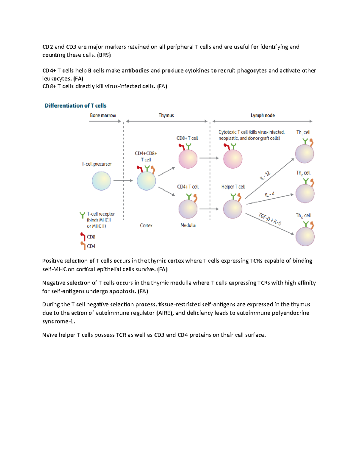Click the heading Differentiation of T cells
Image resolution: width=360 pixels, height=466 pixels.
[75, 106]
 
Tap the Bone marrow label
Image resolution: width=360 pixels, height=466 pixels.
[103, 115]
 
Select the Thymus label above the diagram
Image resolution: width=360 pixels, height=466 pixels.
[166, 115]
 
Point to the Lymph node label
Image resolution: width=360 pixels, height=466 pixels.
[262, 115]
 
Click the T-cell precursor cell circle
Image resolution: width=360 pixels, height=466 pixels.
[101, 181]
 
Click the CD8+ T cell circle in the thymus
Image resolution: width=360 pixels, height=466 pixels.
[188, 159]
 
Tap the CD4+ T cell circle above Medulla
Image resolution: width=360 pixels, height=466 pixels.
[188, 209]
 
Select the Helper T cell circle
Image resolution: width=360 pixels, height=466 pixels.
[232, 209]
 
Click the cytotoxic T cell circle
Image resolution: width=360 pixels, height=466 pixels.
[233, 159]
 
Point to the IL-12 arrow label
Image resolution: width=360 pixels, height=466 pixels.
[265, 176]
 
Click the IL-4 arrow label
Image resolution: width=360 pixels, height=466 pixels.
[269, 194]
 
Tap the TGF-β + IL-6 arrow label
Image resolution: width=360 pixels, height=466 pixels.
[270, 219]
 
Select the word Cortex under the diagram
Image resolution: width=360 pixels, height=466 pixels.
[146, 225]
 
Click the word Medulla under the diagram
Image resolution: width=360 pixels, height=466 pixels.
[188, 225]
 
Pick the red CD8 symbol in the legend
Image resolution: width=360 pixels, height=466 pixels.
[83, 236]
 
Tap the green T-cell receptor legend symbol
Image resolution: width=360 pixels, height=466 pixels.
[82, 215]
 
